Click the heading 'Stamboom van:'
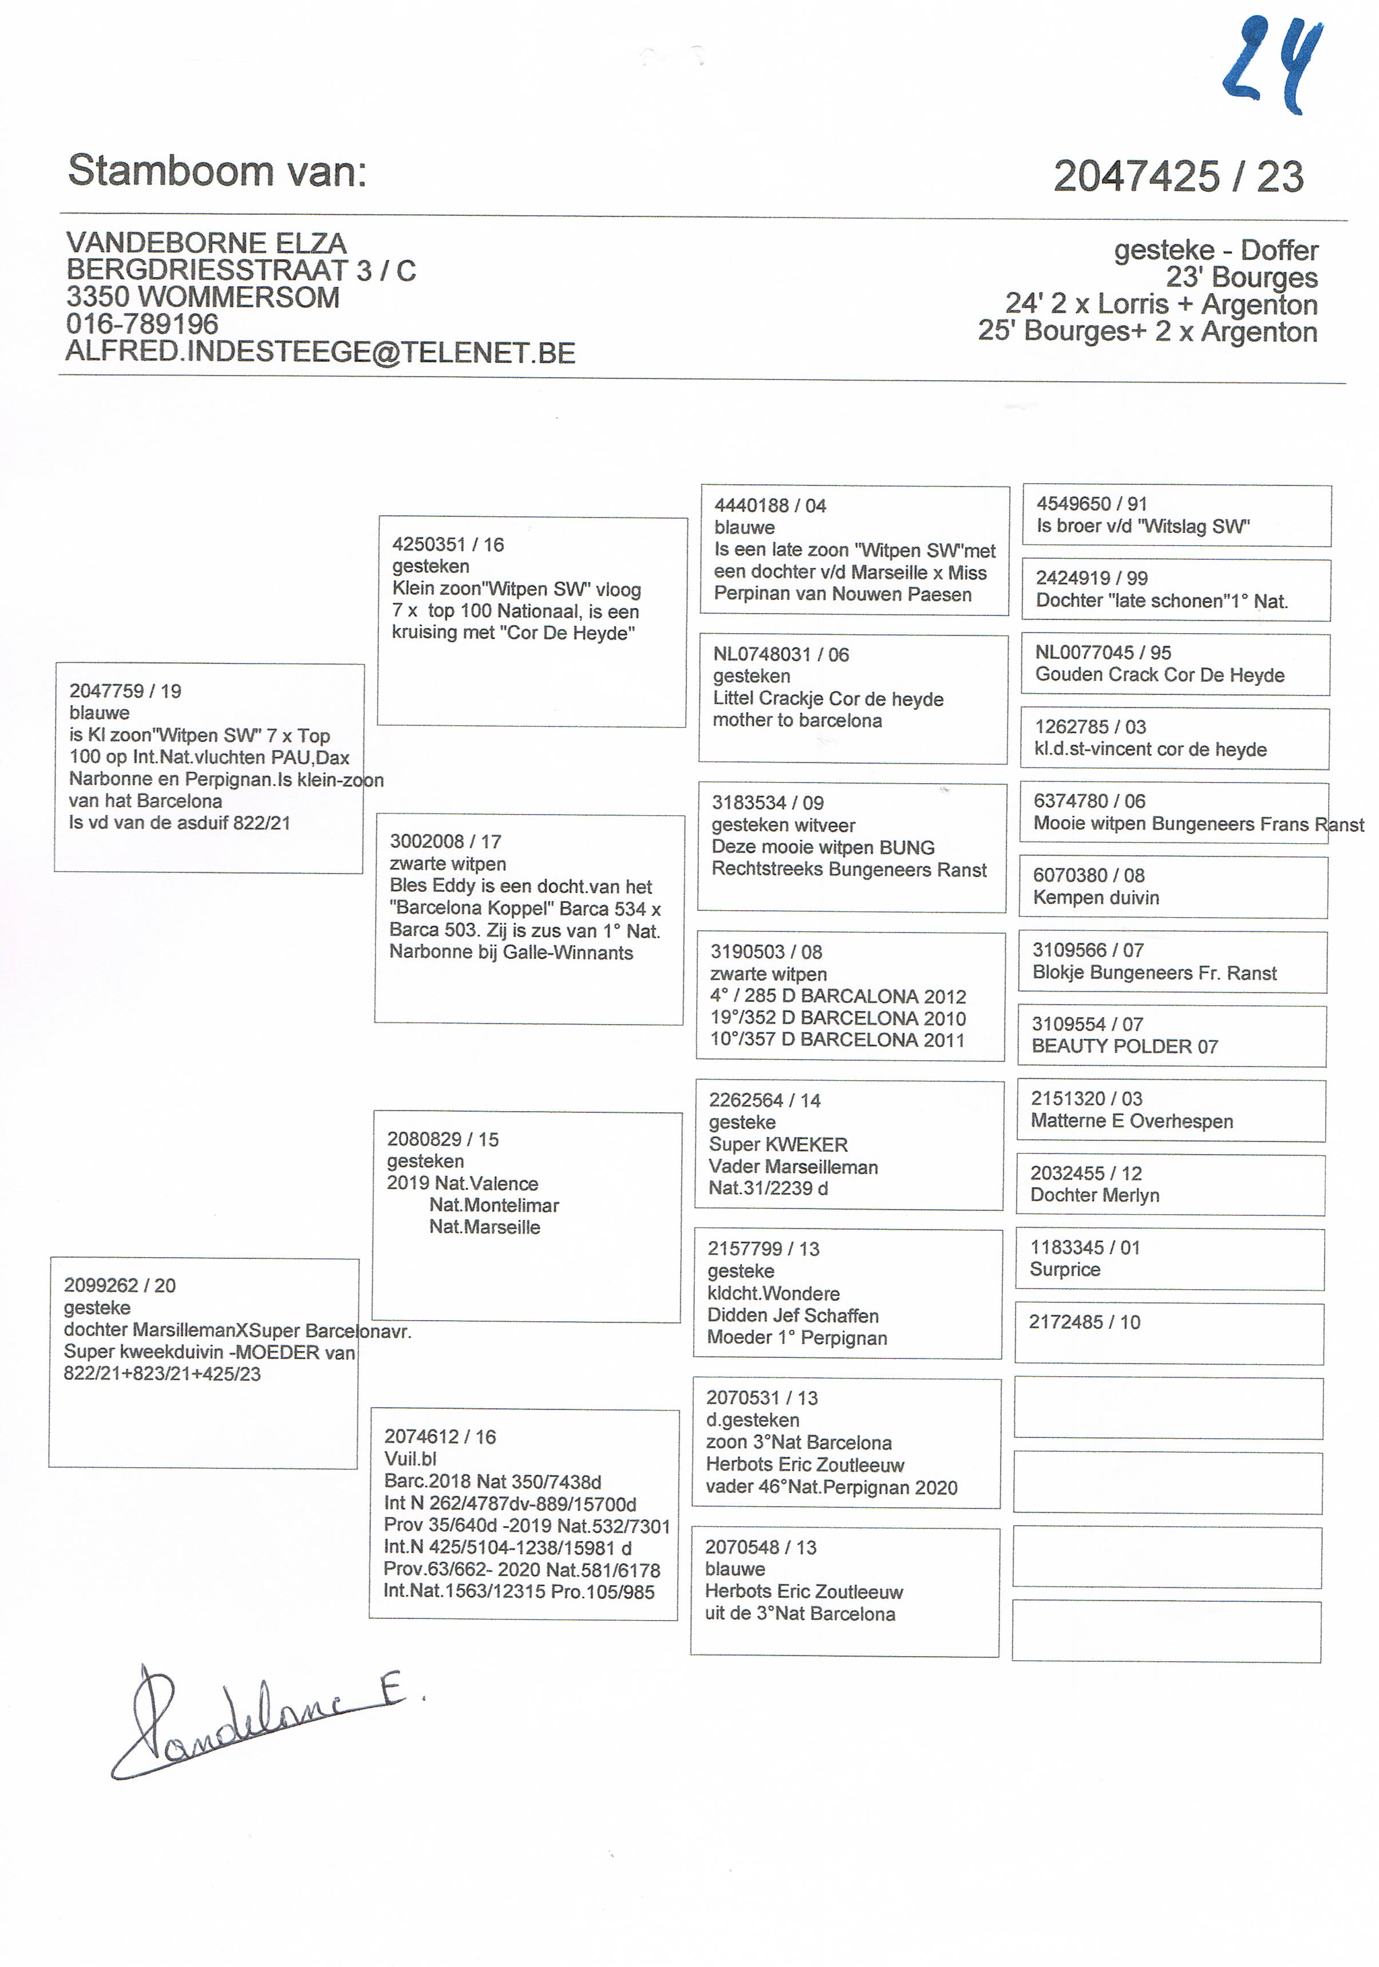(x=218, y=171)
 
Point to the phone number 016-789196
(x=142, y=324)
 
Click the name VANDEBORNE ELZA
(x=207, y=243)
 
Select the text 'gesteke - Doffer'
(x=1215, y=250)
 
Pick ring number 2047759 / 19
(x=125, y=690)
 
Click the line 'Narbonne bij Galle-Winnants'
(x=511, y=953)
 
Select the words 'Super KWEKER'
(x=778, y=1144)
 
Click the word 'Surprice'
(x=1065, y=1270)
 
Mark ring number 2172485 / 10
(x=1084, y=1322)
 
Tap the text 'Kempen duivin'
(x=1096, y=898)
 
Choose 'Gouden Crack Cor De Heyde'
(x=1160, y=674)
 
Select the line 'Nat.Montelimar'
(x=494, y=1206)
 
